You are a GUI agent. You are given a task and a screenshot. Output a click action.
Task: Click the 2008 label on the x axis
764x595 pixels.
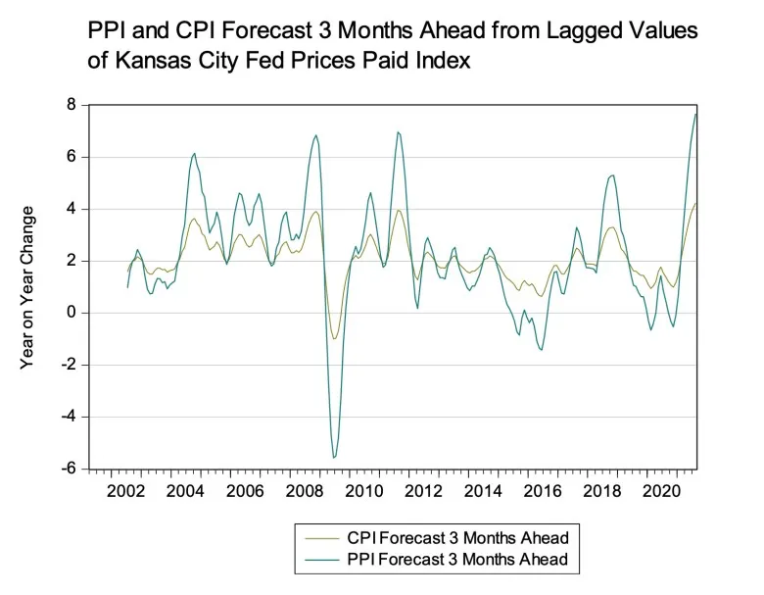pyautogui.click(x=304, y=491)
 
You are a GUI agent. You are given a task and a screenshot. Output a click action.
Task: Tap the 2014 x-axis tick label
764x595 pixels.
pyautogui.click(x=482, y=491)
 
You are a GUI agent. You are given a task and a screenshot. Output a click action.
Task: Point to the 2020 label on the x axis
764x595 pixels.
pyautogui.click(x=661, y=491)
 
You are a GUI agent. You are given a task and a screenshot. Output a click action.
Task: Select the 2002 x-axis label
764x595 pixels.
pyautogui.click(x=125, y=491)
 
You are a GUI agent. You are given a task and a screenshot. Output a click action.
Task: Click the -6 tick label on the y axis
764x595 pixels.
pyautogui.click(x=69, y=469)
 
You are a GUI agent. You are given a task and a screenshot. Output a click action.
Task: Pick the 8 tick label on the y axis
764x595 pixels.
pyautogui.click(x=72, y=105)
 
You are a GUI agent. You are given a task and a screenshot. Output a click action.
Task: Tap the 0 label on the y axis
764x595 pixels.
pyautogui.click(x=72, y=313)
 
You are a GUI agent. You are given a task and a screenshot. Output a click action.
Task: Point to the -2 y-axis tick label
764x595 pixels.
pyautogui.click(x=69, y=365)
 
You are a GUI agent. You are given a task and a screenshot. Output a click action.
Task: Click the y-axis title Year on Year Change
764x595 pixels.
pyautogui.click(x=27, y=288)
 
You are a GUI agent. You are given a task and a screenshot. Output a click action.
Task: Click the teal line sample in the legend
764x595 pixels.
pyautogui.click(x=322, y=560)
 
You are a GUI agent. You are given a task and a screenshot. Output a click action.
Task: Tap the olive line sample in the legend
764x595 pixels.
pyautogui.click(x=322, y=539)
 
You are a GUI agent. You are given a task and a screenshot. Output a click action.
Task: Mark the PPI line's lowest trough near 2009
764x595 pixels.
pyautogui.click(x=334, y=458)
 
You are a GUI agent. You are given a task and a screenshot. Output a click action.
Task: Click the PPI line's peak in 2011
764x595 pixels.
pyautogui.click(x=398, y=132)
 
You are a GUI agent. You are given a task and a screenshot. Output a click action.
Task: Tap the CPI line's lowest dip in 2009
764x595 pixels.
pyautogui.click(x=334, y=338)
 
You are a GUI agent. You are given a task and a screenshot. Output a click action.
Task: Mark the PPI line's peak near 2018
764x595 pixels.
pyautogui.click(x=612, y=175)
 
